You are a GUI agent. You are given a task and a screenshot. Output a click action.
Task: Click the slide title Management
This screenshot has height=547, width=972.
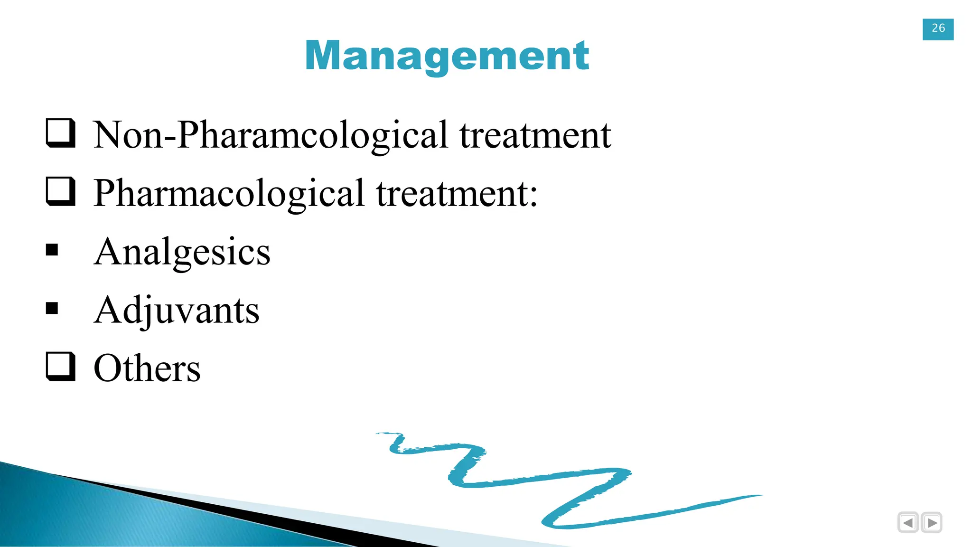(447, 56)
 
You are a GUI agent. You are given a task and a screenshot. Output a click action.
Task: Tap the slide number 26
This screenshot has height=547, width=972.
(938, 28)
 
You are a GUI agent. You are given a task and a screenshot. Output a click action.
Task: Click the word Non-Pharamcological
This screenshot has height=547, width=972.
(271, 135)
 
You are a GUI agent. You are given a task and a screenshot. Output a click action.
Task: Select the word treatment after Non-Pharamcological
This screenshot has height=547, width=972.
(535, 135)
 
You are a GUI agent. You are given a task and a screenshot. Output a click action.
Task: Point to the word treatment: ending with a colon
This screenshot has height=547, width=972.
(457, 194)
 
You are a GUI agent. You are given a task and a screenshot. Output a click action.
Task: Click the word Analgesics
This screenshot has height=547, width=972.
(182, 252)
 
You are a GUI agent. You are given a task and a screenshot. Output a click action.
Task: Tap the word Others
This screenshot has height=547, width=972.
(147, 368)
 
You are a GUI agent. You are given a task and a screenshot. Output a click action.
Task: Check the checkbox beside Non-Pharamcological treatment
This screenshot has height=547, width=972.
(61, 133)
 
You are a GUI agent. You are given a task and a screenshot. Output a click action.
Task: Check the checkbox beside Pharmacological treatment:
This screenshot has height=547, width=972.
(61, 191)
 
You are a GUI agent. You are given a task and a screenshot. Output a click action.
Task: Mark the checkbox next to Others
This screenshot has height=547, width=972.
(61, 367)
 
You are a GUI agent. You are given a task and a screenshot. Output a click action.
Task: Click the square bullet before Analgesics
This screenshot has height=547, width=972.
(52, 250)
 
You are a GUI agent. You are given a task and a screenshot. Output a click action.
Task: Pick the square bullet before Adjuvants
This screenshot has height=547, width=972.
(52, 308)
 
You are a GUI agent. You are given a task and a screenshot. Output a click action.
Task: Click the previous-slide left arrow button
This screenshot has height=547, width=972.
(908, 523)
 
